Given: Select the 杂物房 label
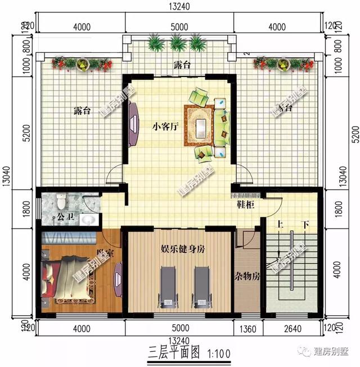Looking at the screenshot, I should click(247, 277).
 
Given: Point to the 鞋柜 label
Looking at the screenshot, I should click(244, 205).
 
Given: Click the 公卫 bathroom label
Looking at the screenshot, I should click(60, 216).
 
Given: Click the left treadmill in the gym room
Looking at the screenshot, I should click(167, 286).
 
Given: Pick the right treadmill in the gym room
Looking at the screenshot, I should click(201, 286).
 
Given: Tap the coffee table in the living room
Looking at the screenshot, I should click(200, 122).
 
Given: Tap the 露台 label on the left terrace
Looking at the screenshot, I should click(82, 111).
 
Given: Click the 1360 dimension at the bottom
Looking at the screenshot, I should click(248, 328).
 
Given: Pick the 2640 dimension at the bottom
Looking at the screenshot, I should click(293, 328).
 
